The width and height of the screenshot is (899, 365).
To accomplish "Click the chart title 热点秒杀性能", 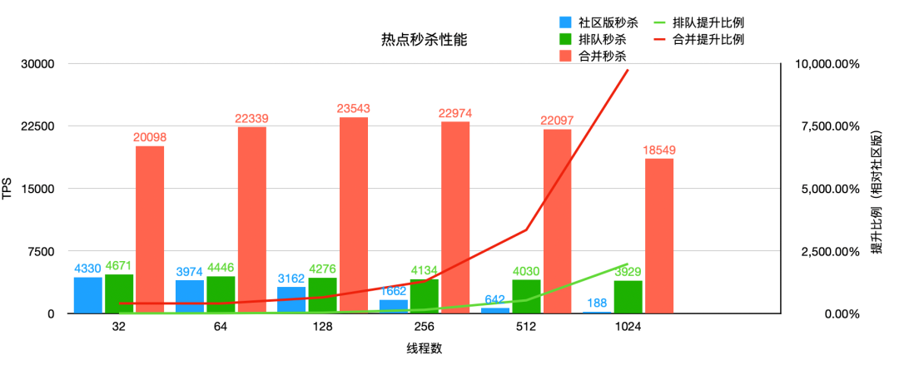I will (415, 39).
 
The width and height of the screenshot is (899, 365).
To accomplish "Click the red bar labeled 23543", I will (353, 215).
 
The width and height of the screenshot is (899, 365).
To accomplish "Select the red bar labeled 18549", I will (658, 236).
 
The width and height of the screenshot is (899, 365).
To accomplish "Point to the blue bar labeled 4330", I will (88, 295).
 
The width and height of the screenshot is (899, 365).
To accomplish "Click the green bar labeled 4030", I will (526, 297).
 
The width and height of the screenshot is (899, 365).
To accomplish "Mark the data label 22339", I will (251, 119).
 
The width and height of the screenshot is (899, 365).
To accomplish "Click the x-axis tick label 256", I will (425, 328).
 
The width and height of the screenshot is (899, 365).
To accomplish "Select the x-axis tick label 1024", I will (628, 328).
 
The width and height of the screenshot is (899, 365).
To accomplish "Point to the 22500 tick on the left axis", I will (37, 126).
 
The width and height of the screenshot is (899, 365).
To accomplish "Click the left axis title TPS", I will (7, 189).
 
